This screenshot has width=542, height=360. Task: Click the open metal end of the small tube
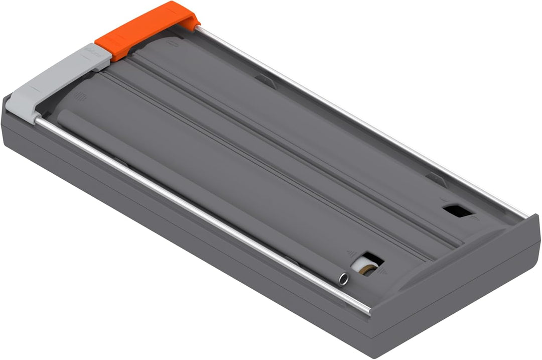343,279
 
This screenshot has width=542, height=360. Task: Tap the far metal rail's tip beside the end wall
524,215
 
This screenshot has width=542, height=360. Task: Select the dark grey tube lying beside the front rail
201,196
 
